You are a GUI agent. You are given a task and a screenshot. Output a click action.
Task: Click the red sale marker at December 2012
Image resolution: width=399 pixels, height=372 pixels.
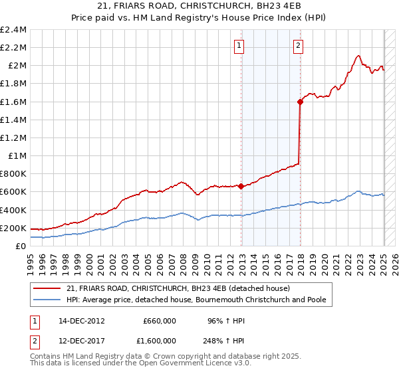pos(241,186)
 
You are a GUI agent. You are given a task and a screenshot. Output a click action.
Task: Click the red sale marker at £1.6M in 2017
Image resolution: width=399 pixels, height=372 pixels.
pos(300,102)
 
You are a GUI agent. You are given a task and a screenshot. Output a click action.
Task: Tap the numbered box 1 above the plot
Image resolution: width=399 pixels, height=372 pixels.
pos(239,46)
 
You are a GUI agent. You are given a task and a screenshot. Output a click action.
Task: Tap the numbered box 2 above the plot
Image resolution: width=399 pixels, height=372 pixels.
pos(297,46)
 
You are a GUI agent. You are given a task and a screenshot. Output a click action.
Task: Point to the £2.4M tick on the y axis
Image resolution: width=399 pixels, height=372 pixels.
pos(14,30)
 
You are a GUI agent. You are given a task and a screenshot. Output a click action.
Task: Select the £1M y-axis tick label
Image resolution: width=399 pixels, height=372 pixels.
pos(17,156)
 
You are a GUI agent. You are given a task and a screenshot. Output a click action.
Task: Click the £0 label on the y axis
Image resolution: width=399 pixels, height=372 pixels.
pos(21,246)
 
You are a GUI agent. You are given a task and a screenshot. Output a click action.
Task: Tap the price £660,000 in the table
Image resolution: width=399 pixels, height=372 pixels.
pos(160,320)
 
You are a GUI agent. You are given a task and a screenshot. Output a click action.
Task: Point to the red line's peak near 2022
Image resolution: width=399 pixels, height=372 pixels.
pos(358,56)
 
